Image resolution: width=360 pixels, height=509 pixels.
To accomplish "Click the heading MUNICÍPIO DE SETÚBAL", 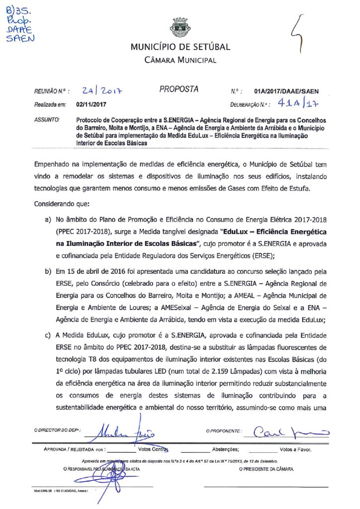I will [180, 47].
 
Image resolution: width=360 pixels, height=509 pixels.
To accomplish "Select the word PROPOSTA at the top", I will [179, 89].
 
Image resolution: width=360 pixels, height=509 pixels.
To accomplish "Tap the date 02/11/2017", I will [90, 105].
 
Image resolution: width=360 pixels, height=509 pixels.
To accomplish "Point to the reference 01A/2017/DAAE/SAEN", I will [286, 91].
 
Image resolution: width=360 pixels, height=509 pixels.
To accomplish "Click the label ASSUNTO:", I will [47, 120].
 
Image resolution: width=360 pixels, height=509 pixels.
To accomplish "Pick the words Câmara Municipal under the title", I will [180, 60].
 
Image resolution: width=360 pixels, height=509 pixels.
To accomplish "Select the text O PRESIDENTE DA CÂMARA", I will [266, 469].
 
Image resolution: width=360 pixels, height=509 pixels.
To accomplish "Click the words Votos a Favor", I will [296, 449].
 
